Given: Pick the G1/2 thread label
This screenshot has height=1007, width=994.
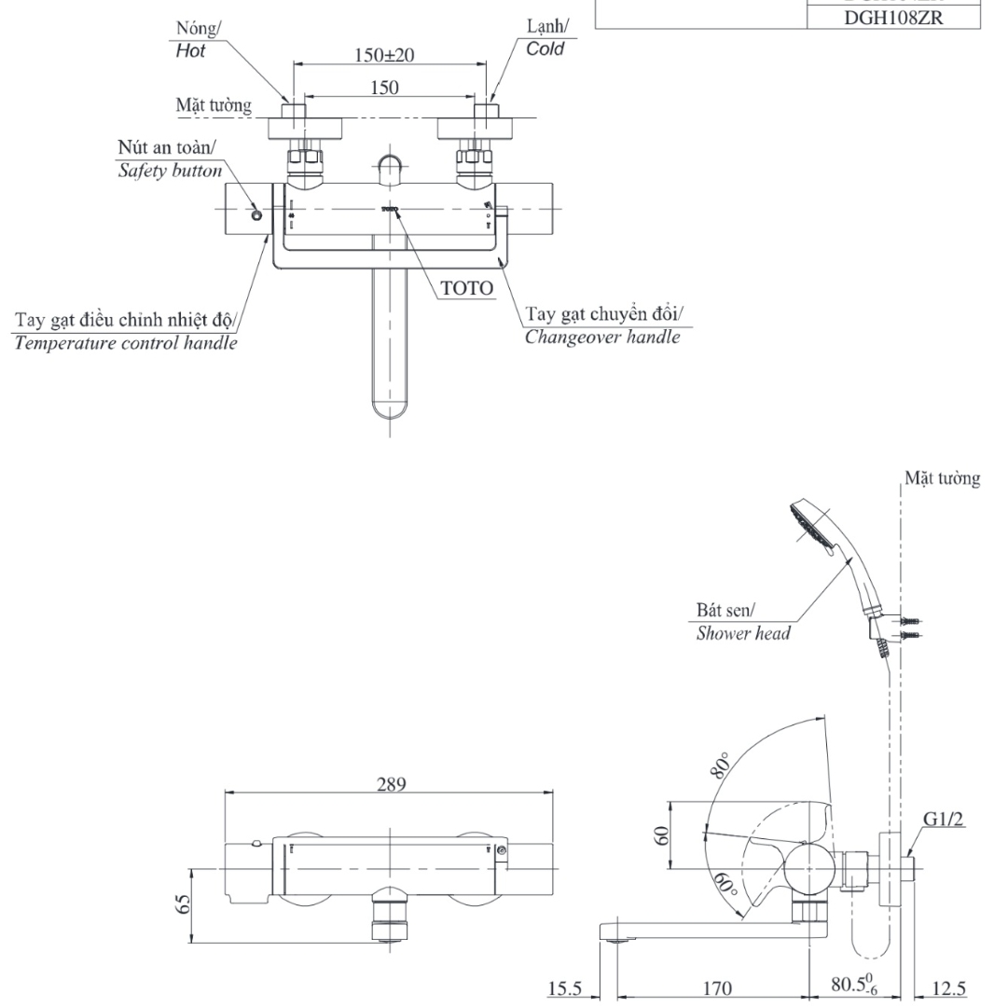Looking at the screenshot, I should pos(944,819).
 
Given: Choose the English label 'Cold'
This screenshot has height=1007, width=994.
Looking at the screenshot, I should pos(545,48).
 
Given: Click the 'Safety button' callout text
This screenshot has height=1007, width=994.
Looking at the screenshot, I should pos(170,172).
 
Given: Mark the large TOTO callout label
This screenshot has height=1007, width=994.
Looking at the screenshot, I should pos(466,288).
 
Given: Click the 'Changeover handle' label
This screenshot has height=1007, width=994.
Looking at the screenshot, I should pos(602,336).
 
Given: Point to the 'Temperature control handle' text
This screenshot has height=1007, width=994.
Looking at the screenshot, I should pos(124,342).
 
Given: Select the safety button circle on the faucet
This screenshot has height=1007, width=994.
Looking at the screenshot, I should pos(256,214).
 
